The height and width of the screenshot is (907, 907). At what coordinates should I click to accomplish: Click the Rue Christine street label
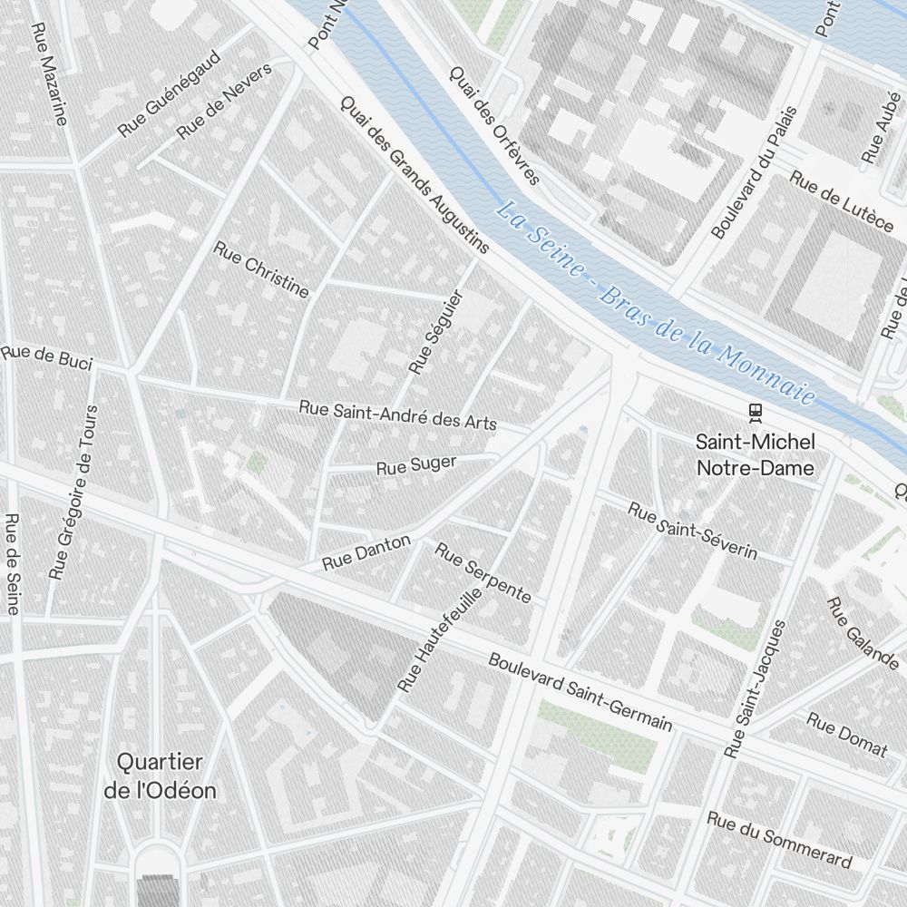click(261, 269)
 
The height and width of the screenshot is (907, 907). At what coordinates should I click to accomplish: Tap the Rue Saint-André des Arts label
click(398, 415)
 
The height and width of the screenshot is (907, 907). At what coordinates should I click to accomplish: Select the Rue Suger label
click(416, 466)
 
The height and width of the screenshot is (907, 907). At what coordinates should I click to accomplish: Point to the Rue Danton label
click(366, 552)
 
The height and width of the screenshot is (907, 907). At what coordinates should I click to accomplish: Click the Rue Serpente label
click(483, 572)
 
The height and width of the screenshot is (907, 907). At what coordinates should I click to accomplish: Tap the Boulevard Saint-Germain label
click(580, 692)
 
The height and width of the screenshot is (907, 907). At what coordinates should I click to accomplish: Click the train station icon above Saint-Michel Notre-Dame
click(755, 413)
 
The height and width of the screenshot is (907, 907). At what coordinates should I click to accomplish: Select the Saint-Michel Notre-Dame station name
click(755, 454)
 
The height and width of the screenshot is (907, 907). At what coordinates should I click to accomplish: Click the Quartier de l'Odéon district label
click(161, 775)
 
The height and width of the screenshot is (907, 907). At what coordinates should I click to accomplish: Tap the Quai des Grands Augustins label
click(414, 174)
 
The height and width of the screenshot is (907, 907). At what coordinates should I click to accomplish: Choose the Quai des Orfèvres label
click(494, 125)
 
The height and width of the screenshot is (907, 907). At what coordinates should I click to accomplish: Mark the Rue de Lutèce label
click(841, 200)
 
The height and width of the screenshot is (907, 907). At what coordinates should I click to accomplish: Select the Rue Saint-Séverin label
click(693, 532)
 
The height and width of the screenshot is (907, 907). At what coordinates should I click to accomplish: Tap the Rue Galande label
click(862, 633)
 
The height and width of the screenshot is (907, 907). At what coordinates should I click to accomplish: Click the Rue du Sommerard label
click(779, 840)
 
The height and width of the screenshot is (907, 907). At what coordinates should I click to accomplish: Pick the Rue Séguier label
click(436, 332)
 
